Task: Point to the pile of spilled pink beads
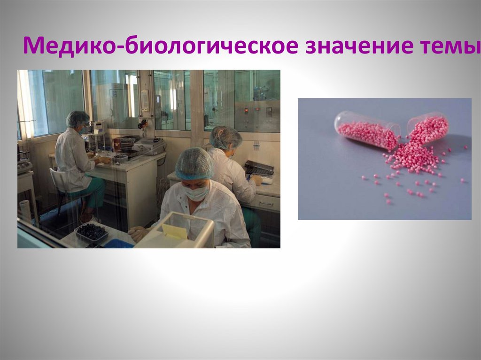(x=413, y=157)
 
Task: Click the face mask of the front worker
(x=196, y=191)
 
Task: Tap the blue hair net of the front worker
(x=194, y=163)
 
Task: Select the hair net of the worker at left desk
(x=77, y=118)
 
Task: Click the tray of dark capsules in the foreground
(x=91, y=231)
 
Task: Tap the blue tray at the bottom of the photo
(x=118, y=244)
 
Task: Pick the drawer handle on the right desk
(x=266, y=203)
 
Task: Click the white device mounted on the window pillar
(x=145, y=100)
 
